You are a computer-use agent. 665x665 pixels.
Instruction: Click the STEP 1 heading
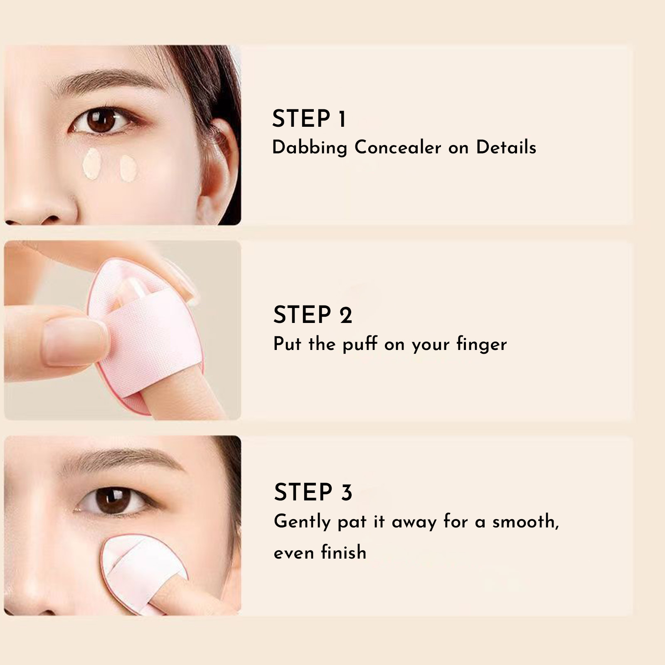[x=309, y=119]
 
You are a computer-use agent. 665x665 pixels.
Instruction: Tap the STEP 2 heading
[x=313, y=315]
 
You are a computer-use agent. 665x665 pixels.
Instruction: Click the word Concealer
[x=398, y=148]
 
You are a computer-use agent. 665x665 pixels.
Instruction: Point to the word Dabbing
[x=310, y=148]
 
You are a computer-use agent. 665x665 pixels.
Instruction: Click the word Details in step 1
[x=506, y=148]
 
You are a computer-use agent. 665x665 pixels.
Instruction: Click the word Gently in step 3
[x=302, y=522]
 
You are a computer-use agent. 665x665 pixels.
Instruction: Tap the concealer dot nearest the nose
[x=91, y=164]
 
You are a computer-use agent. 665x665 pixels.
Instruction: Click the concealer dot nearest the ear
[x=128, y=167]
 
